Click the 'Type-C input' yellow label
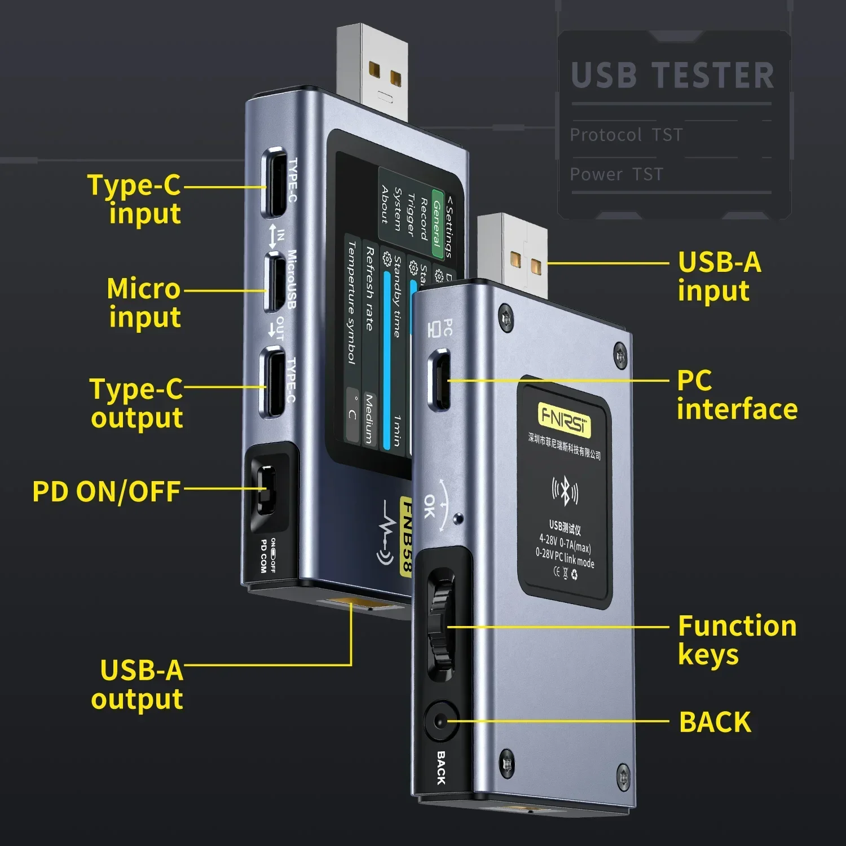click(135, 200)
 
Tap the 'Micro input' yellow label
click(144, 303)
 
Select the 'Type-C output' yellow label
click(136, 403)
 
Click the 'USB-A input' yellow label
click(719, 276)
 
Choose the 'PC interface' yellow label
click(737, 395)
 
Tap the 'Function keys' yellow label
click(737, 640)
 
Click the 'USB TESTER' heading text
click(672, 76)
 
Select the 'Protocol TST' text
click(626, 135)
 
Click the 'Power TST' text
click(616, 175)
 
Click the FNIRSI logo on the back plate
click(564, 419)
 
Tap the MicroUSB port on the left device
click(274, 281)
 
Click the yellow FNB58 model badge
click(406, 536)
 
